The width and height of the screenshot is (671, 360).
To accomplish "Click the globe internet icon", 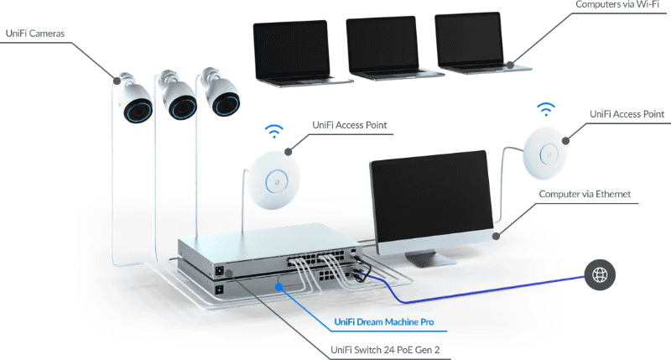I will tap(601, 274).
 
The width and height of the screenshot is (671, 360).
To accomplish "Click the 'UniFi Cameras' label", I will tap(34, 34).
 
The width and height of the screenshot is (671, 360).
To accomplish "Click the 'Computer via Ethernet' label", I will tap(585, 194).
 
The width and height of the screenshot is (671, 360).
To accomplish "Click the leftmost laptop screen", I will tap(290, 49).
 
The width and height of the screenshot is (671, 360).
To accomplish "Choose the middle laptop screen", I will tap(382, 45).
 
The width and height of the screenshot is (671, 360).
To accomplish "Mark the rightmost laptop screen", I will tap(471, 41).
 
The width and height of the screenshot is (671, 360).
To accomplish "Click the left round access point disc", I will tap(276, 176).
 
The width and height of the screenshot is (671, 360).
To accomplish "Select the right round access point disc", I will tap(549, 152).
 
